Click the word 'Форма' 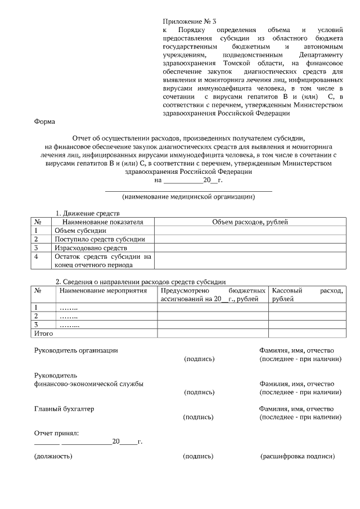(44, 121)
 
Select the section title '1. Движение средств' (87, 214)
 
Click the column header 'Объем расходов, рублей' (250, 222)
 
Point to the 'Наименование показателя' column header (99, 222)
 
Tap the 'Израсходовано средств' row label (91, 247)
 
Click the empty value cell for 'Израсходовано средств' (250, 247)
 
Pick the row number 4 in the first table (36, 256)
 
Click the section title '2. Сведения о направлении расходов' (140, 282)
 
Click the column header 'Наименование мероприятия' (103, 291)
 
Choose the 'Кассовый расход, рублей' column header (307, 295)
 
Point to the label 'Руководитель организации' (76, 350)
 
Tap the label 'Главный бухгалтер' (64, 409)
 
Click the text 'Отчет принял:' (57, 433)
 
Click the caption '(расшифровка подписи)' (297, 457)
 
